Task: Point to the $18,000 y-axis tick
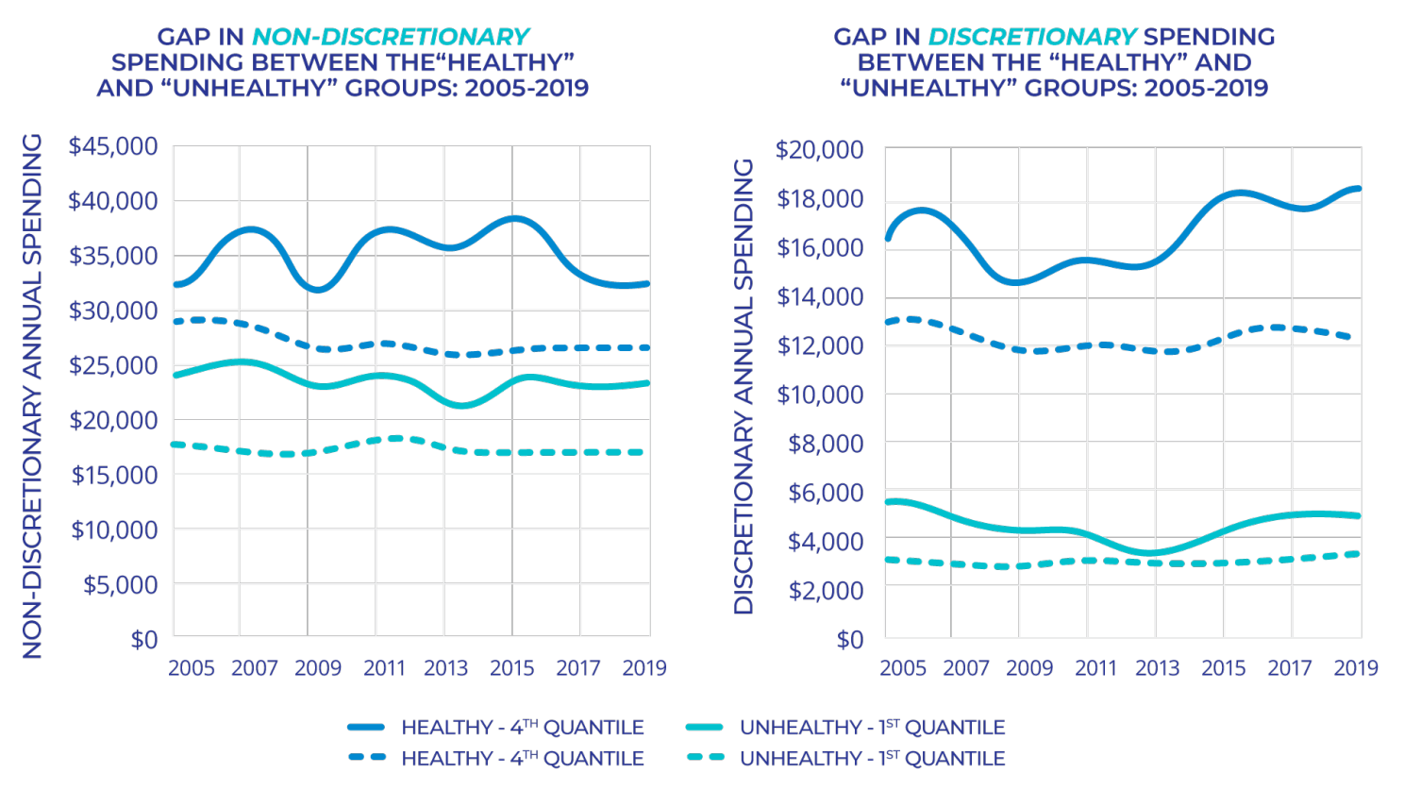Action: coord(820,198)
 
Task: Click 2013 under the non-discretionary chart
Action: coord(445,668)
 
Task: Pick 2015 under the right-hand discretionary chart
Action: coord(1223,668)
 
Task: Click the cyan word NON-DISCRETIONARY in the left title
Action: coord(391,37)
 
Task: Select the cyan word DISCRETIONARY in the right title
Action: coord(1032,37)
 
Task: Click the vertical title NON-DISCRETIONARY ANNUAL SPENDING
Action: coord(33,396)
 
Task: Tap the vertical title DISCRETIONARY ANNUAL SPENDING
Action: coord(744,387)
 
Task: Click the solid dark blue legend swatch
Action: coord(366,728)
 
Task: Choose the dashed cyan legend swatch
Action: coord(704,758)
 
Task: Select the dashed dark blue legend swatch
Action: coord(366,758)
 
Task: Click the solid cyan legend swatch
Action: coord(704,728)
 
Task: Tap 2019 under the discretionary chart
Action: coord(1355,668)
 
